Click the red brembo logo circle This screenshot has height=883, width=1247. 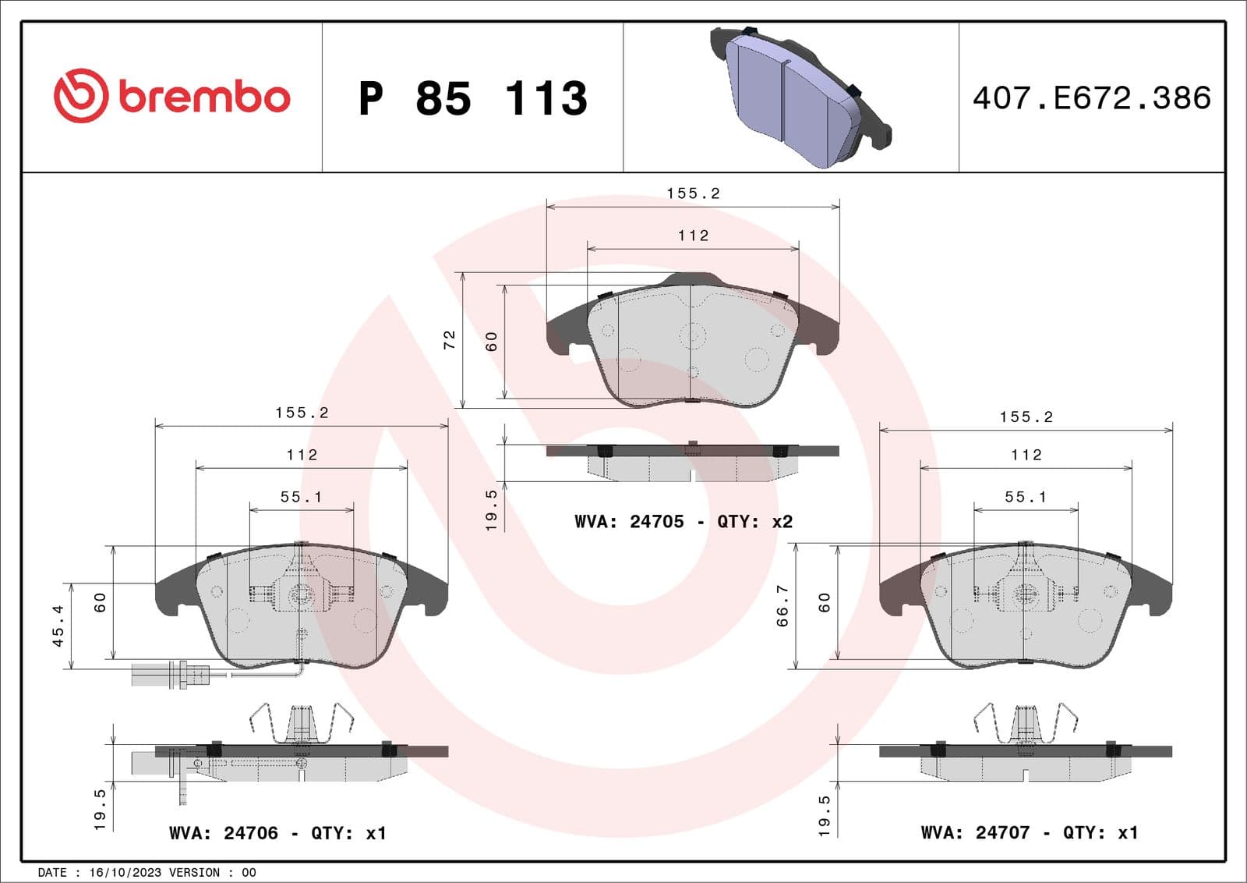point(79,96)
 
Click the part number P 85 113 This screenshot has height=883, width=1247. point(472,99)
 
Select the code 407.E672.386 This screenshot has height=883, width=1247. point(1091,98)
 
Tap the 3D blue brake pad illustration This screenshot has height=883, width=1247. point(799,98)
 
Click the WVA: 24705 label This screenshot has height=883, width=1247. point(629,521)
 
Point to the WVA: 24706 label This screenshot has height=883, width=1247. point(224,833)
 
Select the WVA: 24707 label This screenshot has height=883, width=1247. point(975,833)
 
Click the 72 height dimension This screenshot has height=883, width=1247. point(450,340)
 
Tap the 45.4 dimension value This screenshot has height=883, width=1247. point(58,626)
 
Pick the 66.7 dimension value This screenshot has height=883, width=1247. point(782,606)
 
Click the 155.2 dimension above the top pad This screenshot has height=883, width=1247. point(693,193)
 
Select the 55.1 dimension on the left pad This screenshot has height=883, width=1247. point(301,497)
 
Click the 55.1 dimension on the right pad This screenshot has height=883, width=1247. point(1026,497)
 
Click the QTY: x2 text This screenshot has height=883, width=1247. point(754,521)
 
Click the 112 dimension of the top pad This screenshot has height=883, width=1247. point(693,236)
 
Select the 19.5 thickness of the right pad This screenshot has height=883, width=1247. point(825,816)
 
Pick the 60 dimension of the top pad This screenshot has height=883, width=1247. point(492,342)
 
